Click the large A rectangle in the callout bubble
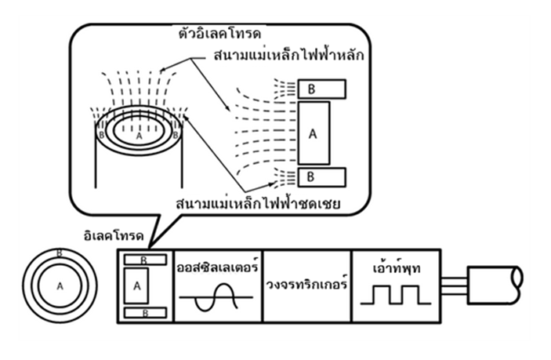(313, 134)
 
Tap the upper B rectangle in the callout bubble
(321, 89)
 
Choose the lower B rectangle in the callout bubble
(321, 176)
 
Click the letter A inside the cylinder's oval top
(138, 135)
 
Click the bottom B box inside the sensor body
(143, 313)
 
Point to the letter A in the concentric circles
(59, 287)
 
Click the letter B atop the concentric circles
(59, 253)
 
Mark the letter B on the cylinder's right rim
(175, 135)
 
